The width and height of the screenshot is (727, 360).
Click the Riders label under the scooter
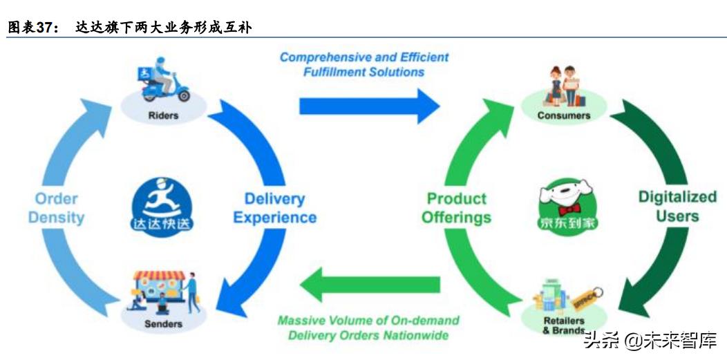(x=163, y=115)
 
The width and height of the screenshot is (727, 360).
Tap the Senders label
(x=163, y=323)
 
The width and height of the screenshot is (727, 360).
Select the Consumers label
(x=564, y=115)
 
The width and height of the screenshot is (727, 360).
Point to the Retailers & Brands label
(x=563, y=325)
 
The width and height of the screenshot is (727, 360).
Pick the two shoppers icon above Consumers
(x=564, y=84)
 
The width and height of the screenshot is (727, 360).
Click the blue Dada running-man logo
(x=162, y=205)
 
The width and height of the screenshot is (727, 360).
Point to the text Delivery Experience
(x=274, y=208)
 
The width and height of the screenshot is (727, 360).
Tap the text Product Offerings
(x=456, y=208)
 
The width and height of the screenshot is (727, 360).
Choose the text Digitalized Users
(x=677, y=206)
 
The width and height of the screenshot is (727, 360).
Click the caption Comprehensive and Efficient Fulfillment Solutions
(x=363, y=64)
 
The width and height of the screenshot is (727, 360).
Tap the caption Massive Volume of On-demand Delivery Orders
(x=368, y=328)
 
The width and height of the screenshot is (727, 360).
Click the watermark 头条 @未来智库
(x=650, y=340)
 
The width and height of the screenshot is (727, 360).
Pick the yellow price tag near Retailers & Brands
(x=587, y=298)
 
